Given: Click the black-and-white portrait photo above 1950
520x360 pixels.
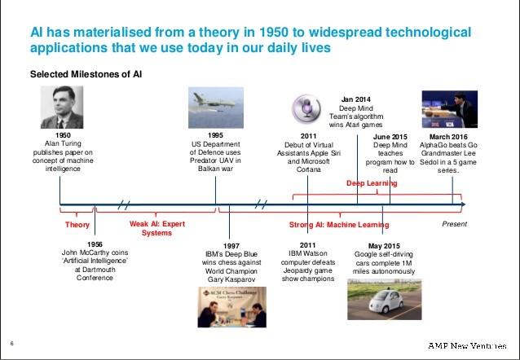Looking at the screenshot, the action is pyautogui.click(x=62, y=107).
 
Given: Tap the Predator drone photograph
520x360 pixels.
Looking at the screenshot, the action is pyautogui.click(x=216, y=108).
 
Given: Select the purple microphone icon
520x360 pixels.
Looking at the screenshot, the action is pyautogui.click(x=306, y=108).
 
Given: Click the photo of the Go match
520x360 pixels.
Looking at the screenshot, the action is pyautogui.click(x=450, y=109).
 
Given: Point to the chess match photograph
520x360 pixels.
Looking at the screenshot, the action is pyautogui.click(x=231, y=307).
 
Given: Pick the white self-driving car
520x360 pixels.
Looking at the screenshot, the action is pyautogui.click(x=386, y=301).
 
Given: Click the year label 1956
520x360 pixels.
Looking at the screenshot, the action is pyautogui.click(x=95, y=244).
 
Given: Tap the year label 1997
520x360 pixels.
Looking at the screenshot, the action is pyautogui.click(x=231, y=246).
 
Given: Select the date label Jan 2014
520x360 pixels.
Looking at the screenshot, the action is pyautogui.click(x=356, y=99).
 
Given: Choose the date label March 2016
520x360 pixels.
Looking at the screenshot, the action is pyautogui.click(x=448, y=137).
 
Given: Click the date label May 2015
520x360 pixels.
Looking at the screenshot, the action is pyautogui.click(x=384, y=246).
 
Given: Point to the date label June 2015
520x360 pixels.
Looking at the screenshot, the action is pyautogui.click(x=390, y=137).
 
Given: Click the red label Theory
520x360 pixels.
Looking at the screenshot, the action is pyautogui.click(x=77, y=225).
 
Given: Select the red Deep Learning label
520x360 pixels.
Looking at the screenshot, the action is pyautogui.click(x=372, y=183).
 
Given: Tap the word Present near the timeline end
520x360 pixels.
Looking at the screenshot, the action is pyautogui.click(x=454, y=224).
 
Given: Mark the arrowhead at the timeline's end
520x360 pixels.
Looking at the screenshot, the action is pyautogui.click(x=464, y=204).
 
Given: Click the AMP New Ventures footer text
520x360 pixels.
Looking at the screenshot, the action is pyautogui.click(x=467, y=346).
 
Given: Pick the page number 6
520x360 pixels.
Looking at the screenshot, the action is pyautogui.click(x=12, y=344).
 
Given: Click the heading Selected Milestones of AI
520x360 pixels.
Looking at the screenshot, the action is pyautogui.click(x=86, y=74).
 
